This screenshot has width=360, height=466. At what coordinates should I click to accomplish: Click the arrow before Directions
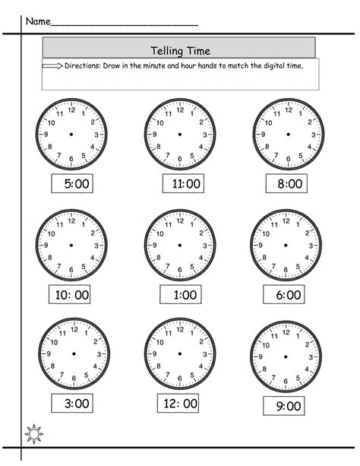coord(53,67)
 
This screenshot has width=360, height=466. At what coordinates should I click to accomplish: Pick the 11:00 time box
coord(182,183)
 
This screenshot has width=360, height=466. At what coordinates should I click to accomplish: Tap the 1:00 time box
coord(181,293)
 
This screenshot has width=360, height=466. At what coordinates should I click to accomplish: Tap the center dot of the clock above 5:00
coord(71,134)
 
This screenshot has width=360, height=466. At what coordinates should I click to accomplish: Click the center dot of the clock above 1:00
coord(179,245)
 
